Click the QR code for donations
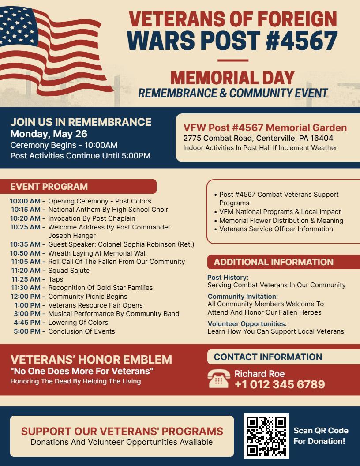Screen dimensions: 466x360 [266, 436]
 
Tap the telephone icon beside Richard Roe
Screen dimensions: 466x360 [218, 379]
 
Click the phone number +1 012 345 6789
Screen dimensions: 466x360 [280, 384]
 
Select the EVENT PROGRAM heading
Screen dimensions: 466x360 [49, 186]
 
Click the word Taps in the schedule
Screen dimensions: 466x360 [56, 279]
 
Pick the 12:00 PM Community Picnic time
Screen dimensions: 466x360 [26, 297]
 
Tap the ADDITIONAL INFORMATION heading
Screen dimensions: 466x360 [274, 262]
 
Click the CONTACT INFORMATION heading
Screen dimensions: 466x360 [268, 357]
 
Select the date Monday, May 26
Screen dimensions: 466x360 [49, 134]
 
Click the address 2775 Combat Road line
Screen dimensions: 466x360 [258, 138]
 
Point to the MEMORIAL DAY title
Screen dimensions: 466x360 [232, 78]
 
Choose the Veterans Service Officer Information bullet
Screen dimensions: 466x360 [276, 229]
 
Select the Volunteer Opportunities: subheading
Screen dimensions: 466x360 [247, 323]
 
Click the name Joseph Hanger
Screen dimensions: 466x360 [72, 236]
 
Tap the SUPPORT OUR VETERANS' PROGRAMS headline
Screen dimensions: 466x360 [122, 431]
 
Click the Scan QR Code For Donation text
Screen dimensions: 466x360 [321, 436]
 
